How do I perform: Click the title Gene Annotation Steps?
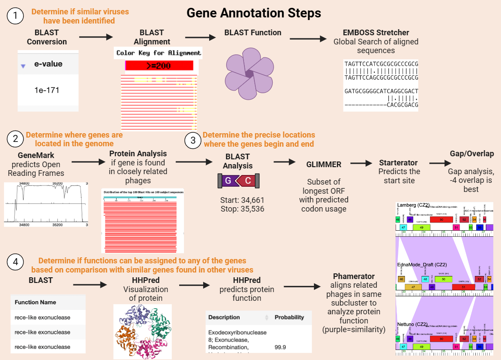(254, 13)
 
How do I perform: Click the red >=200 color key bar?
(159, 66)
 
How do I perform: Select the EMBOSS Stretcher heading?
(376, 33)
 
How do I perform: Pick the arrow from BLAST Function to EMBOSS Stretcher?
(308, 39)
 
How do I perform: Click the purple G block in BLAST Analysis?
(228, 181)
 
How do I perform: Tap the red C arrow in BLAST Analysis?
(246, 181)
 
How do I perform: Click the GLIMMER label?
(324, 165)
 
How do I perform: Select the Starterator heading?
(398, 162)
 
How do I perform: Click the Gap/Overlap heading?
(471, 154)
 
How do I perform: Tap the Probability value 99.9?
(281, 347)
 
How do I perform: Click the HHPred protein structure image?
(143, 331)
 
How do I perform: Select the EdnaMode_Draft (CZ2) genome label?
(422, 264)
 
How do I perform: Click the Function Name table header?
(36, 302)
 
